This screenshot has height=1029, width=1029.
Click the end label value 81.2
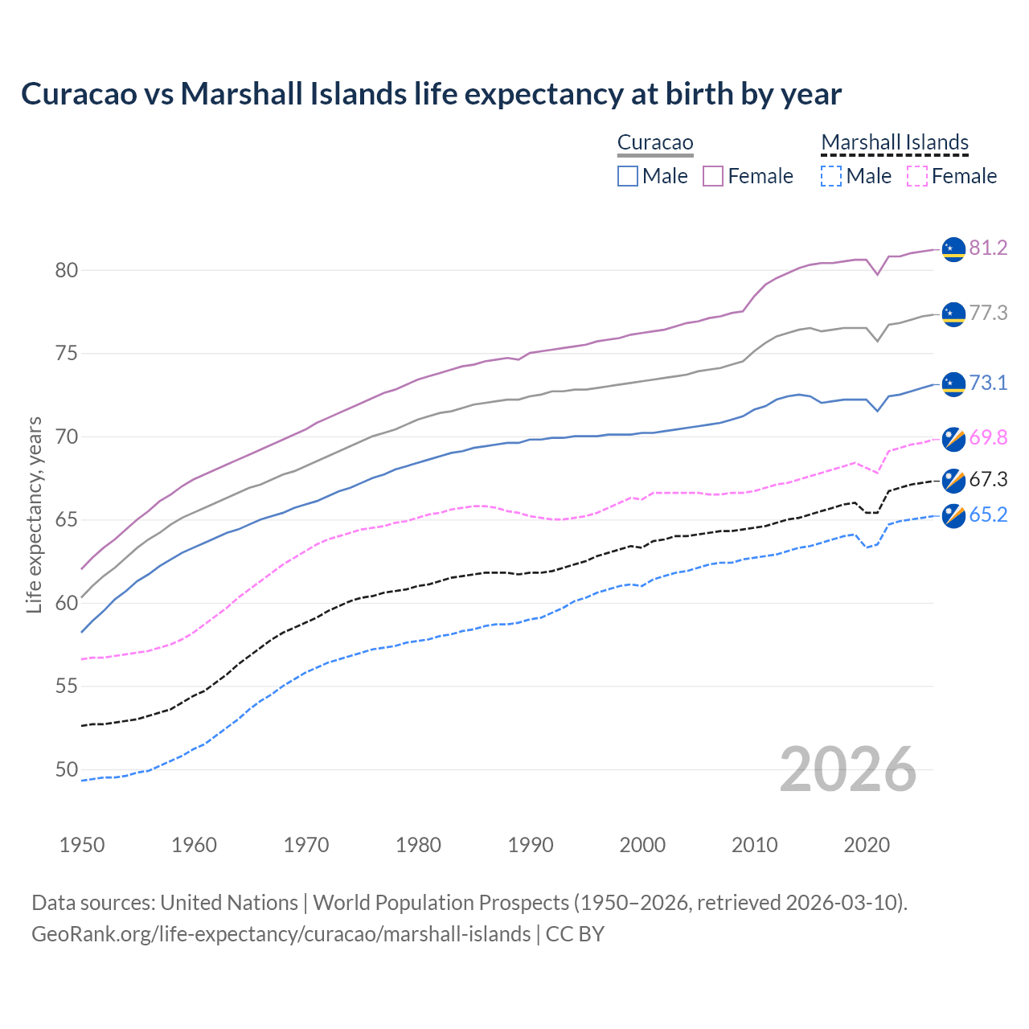[988, 248]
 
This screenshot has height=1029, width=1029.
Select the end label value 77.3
[988, 314]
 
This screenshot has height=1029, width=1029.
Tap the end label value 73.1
[988, 383]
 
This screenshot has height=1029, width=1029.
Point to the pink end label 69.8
[988, 438]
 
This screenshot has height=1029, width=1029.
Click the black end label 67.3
[988, 480]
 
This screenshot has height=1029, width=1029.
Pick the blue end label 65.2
[988, 515]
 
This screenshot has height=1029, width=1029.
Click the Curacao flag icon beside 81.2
[953, 249]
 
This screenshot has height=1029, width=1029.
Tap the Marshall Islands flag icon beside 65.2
[953, 515]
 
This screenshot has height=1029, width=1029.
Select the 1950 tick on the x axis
[82, 845]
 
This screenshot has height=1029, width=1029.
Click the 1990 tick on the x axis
[531, 845]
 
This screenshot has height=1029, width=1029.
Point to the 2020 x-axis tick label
[867, 845]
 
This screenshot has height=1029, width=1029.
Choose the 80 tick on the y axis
[67, 271]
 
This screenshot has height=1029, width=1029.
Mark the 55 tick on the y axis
[67, 687]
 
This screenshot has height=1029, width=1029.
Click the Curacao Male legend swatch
[628, 176]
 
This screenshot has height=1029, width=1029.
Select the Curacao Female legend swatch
[713, 176]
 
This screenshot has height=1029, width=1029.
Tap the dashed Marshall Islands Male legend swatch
[831, 176]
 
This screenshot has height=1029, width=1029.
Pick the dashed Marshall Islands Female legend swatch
[917, 176]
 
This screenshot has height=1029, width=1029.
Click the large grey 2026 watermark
[848, 770]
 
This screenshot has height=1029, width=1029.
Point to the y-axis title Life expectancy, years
[34, 514]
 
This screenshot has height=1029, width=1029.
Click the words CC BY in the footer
[575, 934]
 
